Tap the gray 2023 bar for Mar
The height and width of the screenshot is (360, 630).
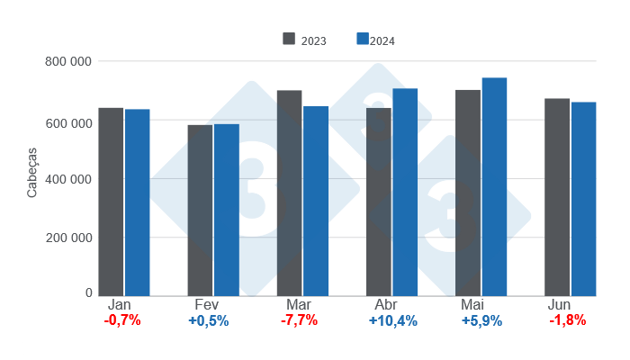pos(289,193)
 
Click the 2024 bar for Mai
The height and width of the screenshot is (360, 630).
pos(494,186)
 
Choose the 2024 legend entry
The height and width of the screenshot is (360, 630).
pos(376,40)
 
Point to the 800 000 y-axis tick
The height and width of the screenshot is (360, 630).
pos(69,61)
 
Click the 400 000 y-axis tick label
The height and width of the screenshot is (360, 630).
pos(69,178)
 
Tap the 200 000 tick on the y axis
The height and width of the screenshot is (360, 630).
pos(69,238)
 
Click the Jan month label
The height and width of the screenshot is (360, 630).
pos(121,306)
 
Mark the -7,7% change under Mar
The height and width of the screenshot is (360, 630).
pos(299,321)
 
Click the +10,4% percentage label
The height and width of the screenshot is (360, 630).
pos(392,321)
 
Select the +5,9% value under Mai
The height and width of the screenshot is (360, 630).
pos(481,321)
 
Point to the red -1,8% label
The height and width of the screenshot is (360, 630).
pos(567,321)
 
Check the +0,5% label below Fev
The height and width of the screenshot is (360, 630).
pos(208,321)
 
